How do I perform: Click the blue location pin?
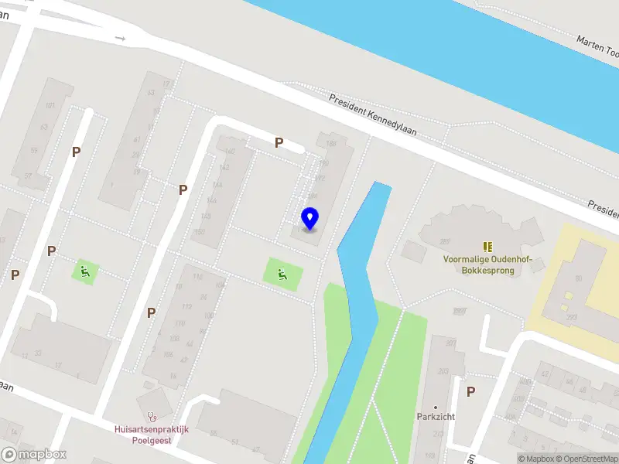click(x=309, y=219)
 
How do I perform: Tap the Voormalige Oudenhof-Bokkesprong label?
click(x=482, y=265)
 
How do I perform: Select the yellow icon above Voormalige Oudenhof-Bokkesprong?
click(x=488, y=246)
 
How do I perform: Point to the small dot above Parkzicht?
click(x=436, y=407)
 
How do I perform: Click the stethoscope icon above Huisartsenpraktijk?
click(x=152, y=416)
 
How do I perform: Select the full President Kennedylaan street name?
click(x=372, y=115)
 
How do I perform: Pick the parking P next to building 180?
click(x=279, y=142)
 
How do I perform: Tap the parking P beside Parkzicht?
click(x=470, y=391)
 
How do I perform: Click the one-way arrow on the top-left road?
click(x=120, y=37)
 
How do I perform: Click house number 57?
click(x=29, y=176)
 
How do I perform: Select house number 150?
click(x=200, y=232)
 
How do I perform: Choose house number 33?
click(x=37, y=353)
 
